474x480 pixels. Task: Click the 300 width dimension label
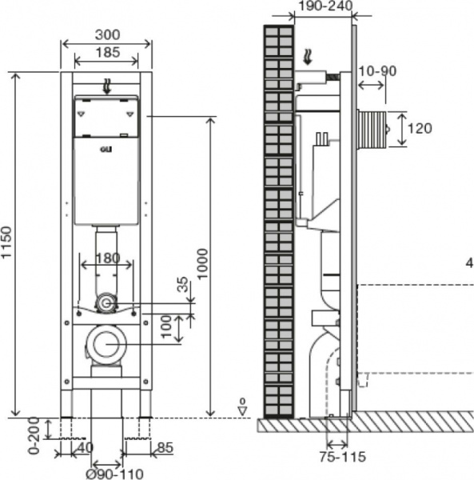(x=107, y=34)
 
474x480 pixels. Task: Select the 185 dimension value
(x=108, y=52)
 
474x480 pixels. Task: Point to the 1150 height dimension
(x=6, y=242)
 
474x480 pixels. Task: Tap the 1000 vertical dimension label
(x=202, y=263)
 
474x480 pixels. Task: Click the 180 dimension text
(x=108, y=258)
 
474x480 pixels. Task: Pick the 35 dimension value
(x=182, y=285)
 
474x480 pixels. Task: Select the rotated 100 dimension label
(x=167, y=327)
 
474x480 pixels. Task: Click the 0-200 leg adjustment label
(x=34, y=435)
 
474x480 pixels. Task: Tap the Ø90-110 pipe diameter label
(x=114, y=474)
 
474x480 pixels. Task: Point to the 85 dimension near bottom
(x=165, y=447)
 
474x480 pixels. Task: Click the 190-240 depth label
(x=325, y=6)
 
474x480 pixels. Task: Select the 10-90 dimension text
(x=377, y=71)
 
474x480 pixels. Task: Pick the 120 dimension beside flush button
(x=420, y=128)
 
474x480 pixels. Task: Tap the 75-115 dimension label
(x=342, y=457)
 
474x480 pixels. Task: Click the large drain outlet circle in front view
(x=106, y=344)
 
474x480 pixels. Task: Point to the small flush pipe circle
(x=106, y=303)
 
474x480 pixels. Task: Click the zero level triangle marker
(x=242, y=410)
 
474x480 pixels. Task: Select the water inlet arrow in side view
(x=308, y=58)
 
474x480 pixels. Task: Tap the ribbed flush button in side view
(x=374, y=129)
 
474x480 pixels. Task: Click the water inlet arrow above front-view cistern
(x=107, y=86)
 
